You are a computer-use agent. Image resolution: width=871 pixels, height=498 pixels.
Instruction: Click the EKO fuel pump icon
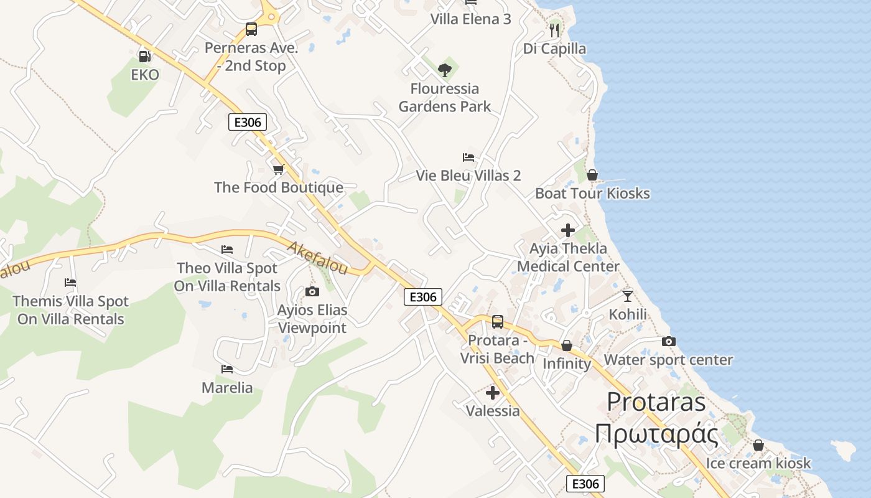144,56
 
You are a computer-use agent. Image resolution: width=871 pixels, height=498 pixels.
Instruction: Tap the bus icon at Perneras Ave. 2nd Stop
251,29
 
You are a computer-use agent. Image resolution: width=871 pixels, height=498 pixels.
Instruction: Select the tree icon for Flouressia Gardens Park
444,70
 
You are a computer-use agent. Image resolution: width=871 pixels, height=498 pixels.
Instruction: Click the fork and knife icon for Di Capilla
554,30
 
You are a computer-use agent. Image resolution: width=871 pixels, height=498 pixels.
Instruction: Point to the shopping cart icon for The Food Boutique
278,169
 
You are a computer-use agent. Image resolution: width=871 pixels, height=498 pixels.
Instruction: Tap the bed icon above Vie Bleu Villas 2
468,157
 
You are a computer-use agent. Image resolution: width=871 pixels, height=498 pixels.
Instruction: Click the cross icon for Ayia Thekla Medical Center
567,230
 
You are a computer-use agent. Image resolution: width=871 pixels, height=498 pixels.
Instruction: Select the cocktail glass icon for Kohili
627,296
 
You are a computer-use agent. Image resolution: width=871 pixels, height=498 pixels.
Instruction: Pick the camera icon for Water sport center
669,341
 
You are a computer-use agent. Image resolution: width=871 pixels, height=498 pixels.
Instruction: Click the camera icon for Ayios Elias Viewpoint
312,291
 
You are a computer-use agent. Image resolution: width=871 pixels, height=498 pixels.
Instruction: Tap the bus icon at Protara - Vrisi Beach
498,322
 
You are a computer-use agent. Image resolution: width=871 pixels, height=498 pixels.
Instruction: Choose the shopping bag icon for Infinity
567,345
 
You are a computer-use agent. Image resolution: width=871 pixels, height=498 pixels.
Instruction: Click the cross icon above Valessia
493,392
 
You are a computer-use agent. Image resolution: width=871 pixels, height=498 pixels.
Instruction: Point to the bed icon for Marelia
227,369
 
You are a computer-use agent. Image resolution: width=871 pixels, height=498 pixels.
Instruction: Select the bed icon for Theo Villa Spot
227,250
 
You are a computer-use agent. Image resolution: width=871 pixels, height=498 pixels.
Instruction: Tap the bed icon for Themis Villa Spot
70,283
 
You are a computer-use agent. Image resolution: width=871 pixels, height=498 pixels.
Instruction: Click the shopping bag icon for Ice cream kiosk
758,445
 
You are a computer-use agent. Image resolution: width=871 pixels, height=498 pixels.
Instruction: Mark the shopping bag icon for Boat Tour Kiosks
592,175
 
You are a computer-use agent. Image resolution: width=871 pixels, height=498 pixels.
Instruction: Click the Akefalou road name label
317,258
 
